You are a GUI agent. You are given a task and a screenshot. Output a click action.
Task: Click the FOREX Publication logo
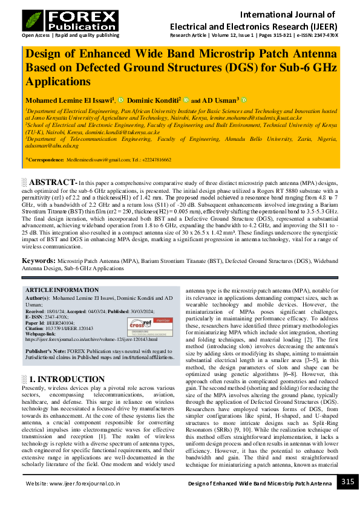point(70,20)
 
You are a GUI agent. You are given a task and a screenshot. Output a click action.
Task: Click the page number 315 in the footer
point(347,481)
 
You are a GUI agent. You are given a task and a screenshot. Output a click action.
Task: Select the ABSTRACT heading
point(53,182)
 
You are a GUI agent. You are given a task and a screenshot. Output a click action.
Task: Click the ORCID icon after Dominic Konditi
point(186,100)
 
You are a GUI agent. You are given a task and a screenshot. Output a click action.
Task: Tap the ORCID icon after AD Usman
point(244,100)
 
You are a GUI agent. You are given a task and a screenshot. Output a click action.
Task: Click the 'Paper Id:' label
point(36,323)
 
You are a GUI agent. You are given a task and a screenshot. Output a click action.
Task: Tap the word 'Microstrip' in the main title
point(217,53)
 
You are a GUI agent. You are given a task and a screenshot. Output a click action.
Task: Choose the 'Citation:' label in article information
point(36,329)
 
